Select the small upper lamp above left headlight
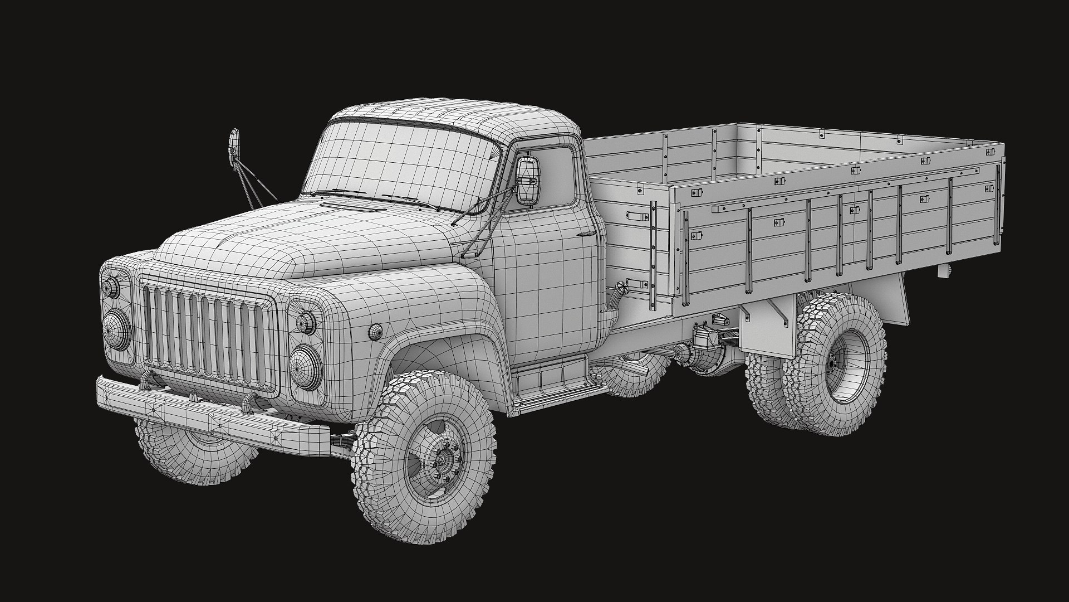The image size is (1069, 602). click(305, 322)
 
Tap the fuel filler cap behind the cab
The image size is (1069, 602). click(621, 289)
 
